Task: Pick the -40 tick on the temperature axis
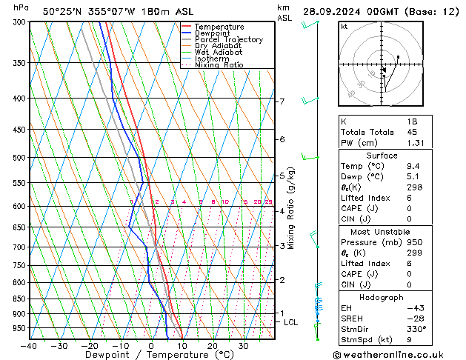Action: click(x=29, y=346)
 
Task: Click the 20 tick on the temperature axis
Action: click(x=213, y=346)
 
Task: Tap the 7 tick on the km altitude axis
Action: click(x=282, y=101)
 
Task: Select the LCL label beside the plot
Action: click(x=291, y=322)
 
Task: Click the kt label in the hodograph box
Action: click(x=344, y=26)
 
